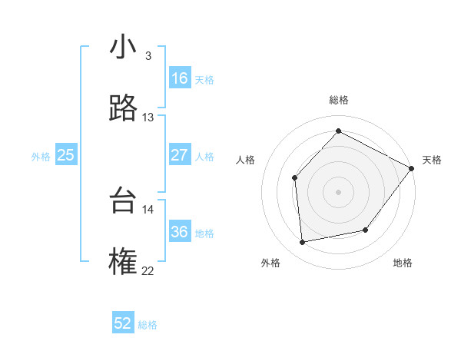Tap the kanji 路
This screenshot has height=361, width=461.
[x=124, y=109]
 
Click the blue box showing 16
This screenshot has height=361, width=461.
[x=180, y=78]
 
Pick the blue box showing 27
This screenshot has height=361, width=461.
[x=180, y=155]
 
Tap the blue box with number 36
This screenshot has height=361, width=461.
[x=180, y=232]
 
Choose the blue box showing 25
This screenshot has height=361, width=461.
[x=66, y=155]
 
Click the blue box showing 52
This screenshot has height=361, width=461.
[x=123, y=323]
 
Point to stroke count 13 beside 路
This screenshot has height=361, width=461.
[x=148, y=118]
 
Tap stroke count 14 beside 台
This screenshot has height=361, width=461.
[x=148, y=209]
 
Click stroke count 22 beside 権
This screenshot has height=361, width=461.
[x=148, y=270]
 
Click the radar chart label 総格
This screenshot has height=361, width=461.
[x=339, y=100]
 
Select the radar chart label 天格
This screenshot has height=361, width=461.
[x=432, y=160]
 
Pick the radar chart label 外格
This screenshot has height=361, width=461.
[x=270, y=263]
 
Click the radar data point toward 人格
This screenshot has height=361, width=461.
[x=295, y=177]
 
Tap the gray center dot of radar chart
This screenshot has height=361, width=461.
[x=338, y=191]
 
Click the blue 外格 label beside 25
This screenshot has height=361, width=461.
[x=41, y=156]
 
